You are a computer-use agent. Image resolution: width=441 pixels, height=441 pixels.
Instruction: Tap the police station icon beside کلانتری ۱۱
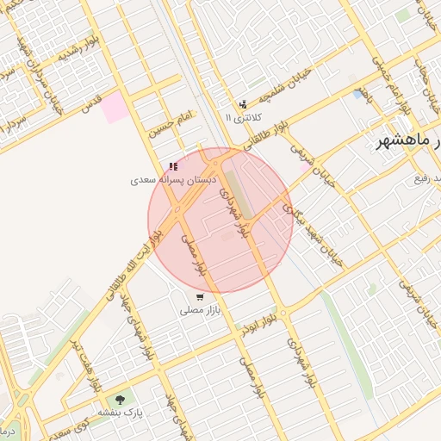(x=242, y=105)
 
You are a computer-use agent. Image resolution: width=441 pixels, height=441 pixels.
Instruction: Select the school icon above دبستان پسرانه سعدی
(x=173, y=166)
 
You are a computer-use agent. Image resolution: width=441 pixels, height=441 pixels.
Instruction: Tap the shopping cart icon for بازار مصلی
(x=200, y=296)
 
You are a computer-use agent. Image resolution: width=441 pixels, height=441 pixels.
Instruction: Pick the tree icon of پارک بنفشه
(x=119, y=400)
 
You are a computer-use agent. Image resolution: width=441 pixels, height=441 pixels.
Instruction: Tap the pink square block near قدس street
(x=113, y=108)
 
